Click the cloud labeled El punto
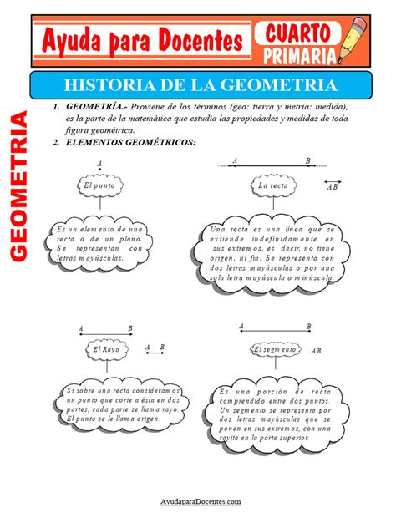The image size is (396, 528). click(99, 185)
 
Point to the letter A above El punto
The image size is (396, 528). click(99, 165)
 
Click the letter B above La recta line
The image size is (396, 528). click(307, 160)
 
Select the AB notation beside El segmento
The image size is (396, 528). click(315, 353)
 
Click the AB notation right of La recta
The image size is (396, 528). click(332, 187)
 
